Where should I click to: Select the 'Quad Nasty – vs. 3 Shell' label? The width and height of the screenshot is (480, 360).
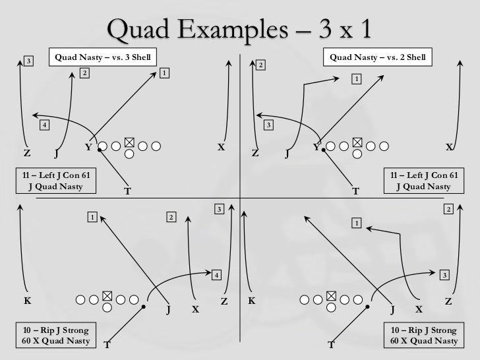coord(103,57)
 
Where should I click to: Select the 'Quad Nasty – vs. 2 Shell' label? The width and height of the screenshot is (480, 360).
coord(378,57)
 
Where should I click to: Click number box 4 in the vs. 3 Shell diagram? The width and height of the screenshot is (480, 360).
coord(44,125)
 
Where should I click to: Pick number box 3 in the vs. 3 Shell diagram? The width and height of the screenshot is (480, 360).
coord(28,61)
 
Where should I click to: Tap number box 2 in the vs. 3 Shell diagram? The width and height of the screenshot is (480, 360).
coord(84,73)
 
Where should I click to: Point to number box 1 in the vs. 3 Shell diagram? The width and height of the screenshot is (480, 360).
coord(164,72)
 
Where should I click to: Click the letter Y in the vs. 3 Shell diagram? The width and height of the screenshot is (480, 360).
coord(88,147)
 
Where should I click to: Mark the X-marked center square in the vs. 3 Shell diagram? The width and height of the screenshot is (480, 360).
coord(129,142)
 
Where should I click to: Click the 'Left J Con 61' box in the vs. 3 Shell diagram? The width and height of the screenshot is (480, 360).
coord(56,180)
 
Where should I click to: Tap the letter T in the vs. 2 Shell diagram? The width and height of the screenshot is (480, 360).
coord(355,192)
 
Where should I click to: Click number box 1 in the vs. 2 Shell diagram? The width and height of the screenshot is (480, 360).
coord(356,79)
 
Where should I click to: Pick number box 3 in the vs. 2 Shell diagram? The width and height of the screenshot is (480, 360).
coord(268,125)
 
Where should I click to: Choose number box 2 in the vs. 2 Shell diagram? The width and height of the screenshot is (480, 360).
coord(260,65)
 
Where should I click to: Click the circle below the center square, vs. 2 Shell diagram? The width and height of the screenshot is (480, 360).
coord(357,154)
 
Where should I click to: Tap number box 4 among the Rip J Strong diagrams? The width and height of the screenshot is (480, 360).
coord(216,274)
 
